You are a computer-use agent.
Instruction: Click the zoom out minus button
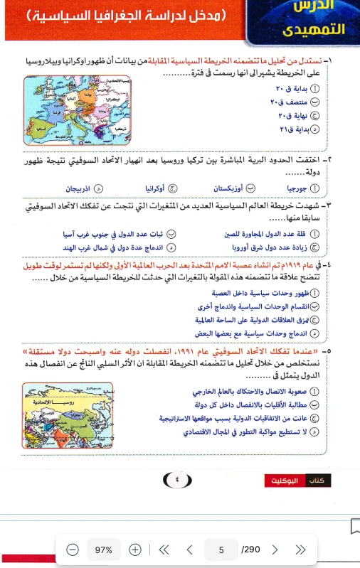72,550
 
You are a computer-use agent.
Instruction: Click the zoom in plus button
135,550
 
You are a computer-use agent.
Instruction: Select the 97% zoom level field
104,550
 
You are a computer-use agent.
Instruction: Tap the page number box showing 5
221,550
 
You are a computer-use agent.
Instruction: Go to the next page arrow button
275,550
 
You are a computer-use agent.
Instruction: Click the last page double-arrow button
300,550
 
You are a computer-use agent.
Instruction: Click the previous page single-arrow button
189,550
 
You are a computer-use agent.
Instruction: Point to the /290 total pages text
250,550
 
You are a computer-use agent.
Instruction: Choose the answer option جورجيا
298,189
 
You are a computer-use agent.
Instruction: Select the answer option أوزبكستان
229,189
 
